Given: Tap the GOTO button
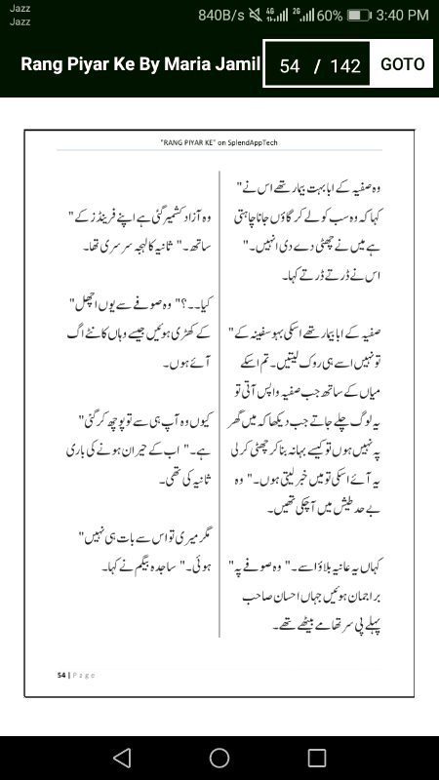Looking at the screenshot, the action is click(x=402, y=64).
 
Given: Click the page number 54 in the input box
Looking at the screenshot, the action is click(x=289, y=66).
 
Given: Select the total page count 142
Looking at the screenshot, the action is click(x=345, y=66).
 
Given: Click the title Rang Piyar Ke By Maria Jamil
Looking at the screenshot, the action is click(x=140, y=65).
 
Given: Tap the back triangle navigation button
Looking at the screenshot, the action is click(x=122, y=758).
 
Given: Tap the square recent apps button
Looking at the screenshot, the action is click(x=317, y=758).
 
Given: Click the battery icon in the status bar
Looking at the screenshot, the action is click(x=360, y=16).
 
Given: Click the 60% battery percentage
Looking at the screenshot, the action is click(x=329, y=16).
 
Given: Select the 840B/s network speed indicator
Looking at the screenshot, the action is click(x=221, y=16).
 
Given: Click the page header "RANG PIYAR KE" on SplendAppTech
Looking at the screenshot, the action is click(x=219, y=142).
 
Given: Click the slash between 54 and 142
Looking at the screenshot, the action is click(x=317, y=66).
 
